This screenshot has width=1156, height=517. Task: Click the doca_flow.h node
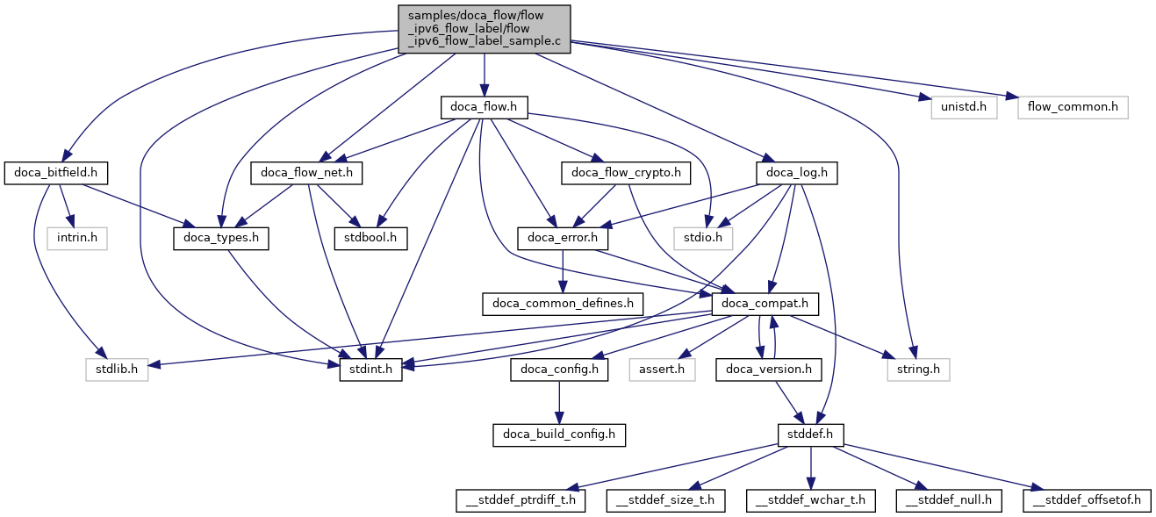[x=484, y=107]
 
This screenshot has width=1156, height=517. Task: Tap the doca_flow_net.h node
[x=306, y=173]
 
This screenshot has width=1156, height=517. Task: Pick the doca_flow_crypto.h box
[x=627, y=173]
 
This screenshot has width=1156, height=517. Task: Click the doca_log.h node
[x=795, y=173]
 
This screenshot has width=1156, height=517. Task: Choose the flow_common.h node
[x=1073, y=107]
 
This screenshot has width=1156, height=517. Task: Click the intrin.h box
[x=78, y=238]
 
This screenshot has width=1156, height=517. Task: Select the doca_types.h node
[x=221, y=238]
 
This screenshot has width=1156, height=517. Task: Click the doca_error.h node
[x=563, y=238]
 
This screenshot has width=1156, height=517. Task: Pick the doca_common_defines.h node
[x=563, y=304]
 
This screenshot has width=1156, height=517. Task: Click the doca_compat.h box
[x=765, y=304]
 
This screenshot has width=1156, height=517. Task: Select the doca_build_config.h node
[x=559, y=434]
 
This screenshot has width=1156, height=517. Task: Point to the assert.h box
[x=662, y=370]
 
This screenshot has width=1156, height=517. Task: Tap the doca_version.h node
[x=769, y=370]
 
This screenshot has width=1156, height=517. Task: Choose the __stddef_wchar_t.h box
[x=810, y=500]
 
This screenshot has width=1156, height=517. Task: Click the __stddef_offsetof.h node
[x=1086, y=500]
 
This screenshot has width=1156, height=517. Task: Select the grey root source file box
[x=484, y=28]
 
